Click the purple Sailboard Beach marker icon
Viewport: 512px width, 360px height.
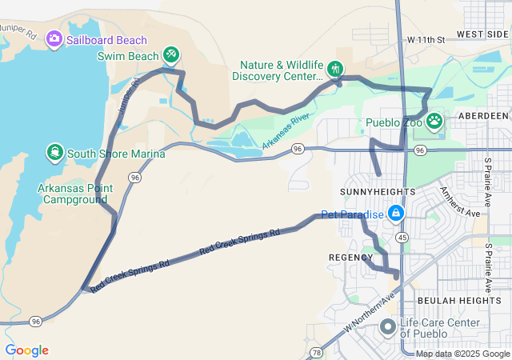[54, 38]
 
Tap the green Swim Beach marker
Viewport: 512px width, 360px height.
[170, 54]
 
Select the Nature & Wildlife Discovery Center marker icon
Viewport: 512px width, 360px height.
[335, 69]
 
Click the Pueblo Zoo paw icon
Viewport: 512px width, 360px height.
[434, 122]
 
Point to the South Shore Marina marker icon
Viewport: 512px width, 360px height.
[54, 152]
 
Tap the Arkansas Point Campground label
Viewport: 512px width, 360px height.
[72, 194]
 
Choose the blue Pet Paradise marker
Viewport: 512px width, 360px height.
[395, 213]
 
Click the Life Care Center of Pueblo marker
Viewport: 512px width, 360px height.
[388, 326]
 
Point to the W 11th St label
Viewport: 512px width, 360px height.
[425, 39]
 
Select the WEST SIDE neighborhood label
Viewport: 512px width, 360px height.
[482, 34]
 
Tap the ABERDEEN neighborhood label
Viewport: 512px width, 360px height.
[484, 116]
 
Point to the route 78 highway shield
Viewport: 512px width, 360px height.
[317, 352]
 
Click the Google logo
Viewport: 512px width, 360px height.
[26, 350]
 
